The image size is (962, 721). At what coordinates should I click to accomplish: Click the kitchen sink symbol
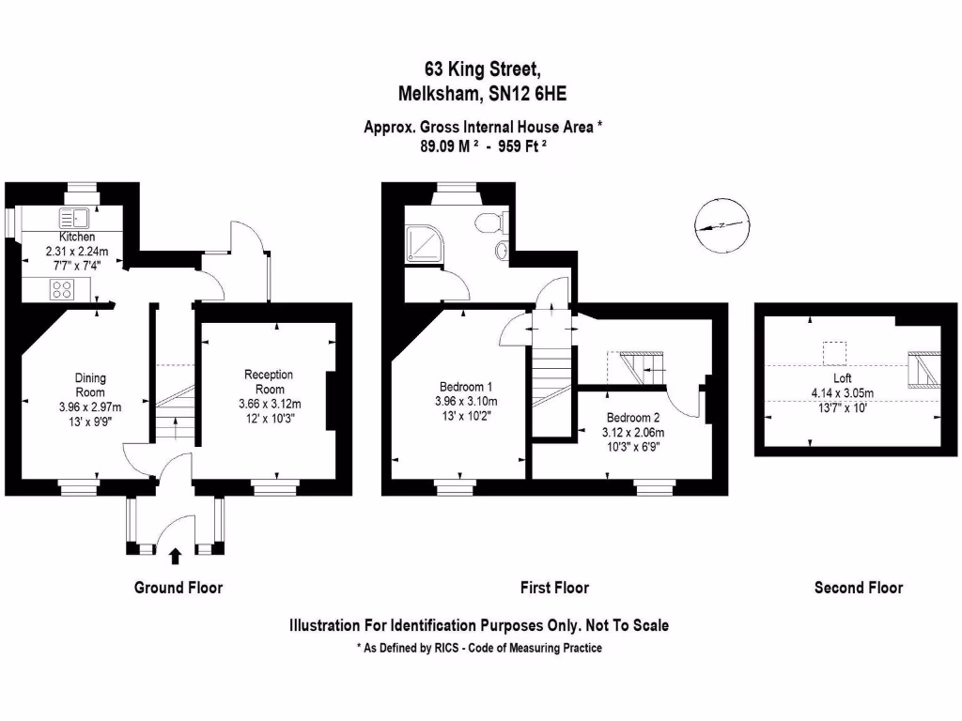tap(73, 219)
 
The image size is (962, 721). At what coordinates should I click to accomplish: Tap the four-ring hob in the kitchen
tap(63, 289)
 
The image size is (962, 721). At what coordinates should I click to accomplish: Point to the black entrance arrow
tap(175, 557)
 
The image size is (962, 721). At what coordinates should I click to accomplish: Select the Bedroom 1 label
tap(466, 387)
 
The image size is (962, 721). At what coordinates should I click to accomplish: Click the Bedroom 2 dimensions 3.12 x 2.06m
tap(633, 433)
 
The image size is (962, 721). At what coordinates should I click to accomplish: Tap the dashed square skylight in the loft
tap(833, 353)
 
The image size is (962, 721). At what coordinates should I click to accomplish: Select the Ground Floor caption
tap(178, 588)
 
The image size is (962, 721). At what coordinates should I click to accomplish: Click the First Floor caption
tap(554, 588)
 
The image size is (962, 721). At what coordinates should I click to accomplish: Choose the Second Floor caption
tap(858, 588)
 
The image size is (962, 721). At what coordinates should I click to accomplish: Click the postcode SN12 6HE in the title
tap(525, 94)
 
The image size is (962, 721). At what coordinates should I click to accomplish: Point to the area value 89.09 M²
tap(450, 146)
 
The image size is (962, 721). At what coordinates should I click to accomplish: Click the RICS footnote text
tap(479, 648)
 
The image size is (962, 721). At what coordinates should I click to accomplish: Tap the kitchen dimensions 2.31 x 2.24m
tap(78, 252)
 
